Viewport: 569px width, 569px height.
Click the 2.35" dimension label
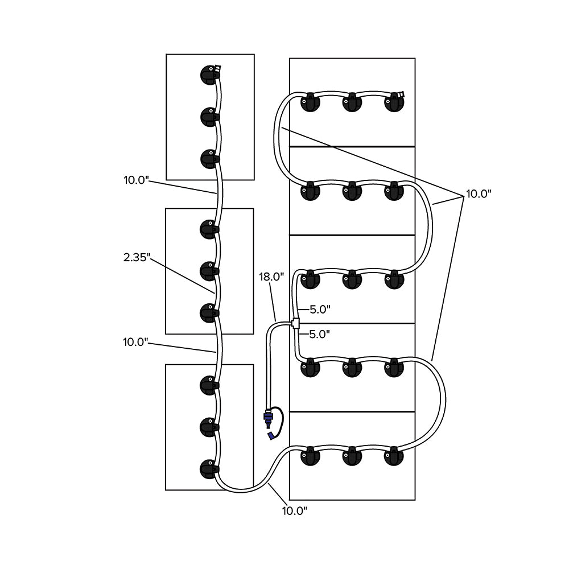click(137, 257)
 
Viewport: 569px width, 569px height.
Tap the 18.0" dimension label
click(271, 277)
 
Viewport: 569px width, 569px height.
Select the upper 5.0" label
click(320, 310)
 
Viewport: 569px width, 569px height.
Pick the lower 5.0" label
click(320, 334)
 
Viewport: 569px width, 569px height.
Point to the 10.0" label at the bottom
click(295, 510)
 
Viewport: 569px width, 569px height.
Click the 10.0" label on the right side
click(479, 193)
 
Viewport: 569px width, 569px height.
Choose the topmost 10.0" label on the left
click(136, 180)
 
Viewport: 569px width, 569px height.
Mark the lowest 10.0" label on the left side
click(135, 342)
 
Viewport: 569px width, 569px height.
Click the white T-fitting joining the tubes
click(296, 323)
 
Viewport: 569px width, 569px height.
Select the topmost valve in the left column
click(209, 75)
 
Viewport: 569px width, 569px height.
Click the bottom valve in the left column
click(209, 468)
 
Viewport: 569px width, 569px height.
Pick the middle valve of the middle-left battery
click(209, 269)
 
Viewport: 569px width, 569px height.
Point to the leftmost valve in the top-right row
click(310, 103)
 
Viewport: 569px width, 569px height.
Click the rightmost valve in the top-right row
click(394, 102)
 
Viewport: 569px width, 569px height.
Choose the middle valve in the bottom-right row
click(352, 456)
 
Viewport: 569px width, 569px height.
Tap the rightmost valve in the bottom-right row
click(394, 456)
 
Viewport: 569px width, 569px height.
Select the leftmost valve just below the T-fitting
click(311, 368)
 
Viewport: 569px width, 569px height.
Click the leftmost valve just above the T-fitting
click(311, 279)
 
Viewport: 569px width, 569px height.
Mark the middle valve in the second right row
click(352, 191)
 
